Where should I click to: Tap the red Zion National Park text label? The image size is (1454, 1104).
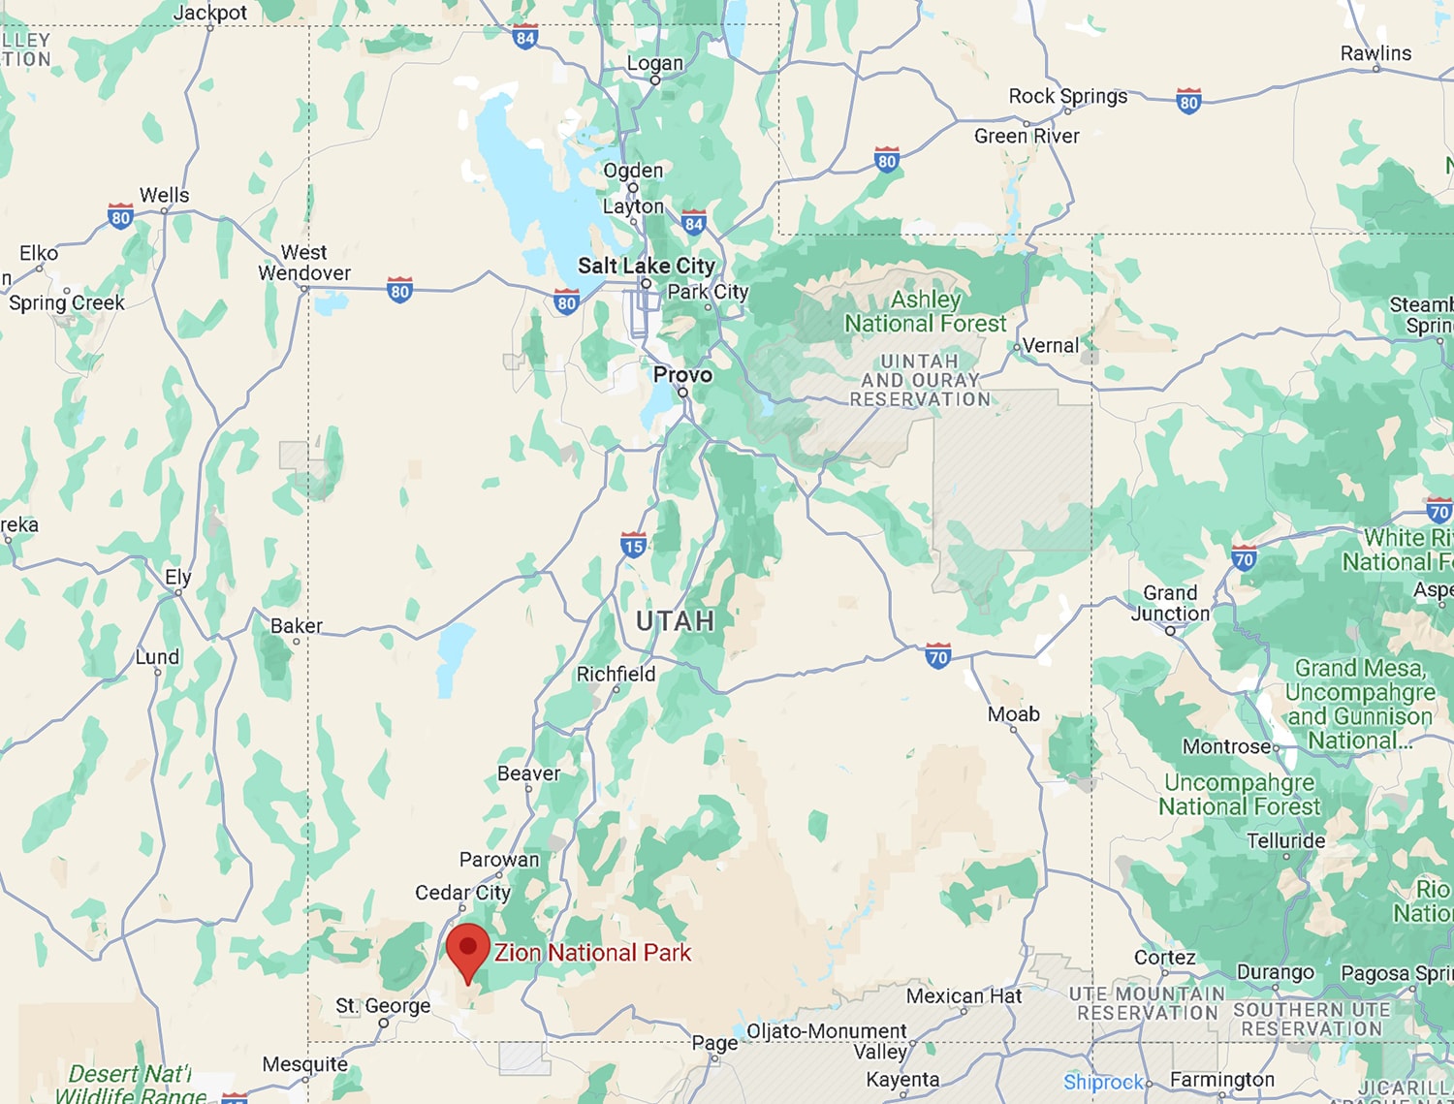click(592, 953)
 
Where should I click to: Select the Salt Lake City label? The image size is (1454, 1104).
click(646, 266)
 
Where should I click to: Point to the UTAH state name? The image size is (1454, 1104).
click(676, 621)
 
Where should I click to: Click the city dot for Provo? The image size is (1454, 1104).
click(682, 393)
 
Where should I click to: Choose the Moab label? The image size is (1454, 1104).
click(1013, 714)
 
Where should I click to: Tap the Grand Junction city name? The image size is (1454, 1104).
click(1170, 603)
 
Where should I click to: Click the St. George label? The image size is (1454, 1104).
click(383, 1006)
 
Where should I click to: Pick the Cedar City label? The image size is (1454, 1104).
click(462, 893)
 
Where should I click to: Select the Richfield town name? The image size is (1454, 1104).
click(616, 674)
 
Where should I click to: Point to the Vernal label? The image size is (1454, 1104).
click(1050, 345)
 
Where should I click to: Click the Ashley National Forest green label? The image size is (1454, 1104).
click(926, 311)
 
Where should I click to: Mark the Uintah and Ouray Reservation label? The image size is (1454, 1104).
click(920, 380)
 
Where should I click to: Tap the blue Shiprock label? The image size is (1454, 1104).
click(1102, 1082)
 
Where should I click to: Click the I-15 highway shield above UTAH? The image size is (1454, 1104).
click(633, 545)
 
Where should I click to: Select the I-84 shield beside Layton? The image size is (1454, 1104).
click(693, 223)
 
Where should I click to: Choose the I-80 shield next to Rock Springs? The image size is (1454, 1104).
click(1188, 101)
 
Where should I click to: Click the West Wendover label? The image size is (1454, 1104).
click(304, 263)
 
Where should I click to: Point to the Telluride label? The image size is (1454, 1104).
click(1285, 840)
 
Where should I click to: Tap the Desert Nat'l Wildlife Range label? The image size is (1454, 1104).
click(130, 1085)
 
